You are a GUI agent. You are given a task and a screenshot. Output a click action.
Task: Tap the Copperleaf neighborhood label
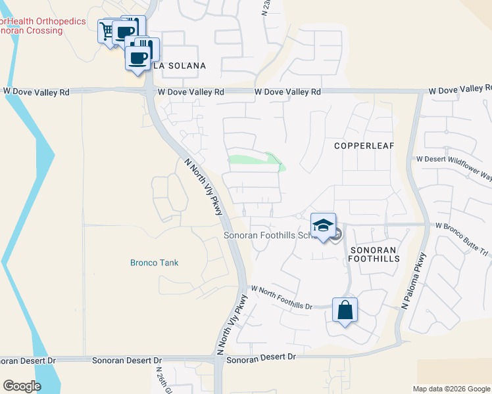coord(362,145)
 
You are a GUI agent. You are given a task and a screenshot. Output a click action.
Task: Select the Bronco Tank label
coord(154,263)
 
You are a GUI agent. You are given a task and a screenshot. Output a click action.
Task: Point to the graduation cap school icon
coord(323,226)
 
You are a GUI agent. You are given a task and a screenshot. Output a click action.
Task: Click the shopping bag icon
coord(345,310)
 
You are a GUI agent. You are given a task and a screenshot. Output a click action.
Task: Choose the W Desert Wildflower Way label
coord(454,158)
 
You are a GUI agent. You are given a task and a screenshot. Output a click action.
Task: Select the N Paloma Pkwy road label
coord(414,280)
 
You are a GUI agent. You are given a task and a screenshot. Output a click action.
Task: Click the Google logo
coord(22,386)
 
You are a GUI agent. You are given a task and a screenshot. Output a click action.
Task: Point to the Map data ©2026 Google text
coord(451,389)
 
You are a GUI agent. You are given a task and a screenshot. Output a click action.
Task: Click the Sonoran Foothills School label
coord(266,235)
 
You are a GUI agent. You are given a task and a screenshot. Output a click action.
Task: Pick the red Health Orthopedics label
coord(43,21)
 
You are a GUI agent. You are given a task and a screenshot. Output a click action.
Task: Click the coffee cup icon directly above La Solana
coord(138,57)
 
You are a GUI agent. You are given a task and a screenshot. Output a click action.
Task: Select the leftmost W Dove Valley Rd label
coord(36,93)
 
